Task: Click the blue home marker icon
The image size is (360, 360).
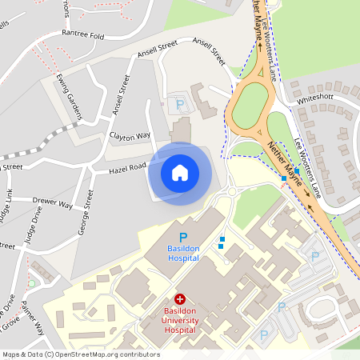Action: click(180, 172)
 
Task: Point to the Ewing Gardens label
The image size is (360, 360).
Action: click(70, 97)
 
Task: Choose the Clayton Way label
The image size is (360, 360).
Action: click(130, 136)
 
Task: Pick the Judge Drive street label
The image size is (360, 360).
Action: click(32, 227)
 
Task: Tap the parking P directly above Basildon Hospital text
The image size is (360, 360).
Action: click(182, 237)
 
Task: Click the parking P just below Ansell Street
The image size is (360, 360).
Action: click(180, 104)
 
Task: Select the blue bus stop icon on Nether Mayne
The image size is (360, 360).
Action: click(298, 171)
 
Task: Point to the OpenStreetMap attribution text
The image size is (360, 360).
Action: click(81, 354)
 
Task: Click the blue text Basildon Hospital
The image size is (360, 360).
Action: click(184, 254)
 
